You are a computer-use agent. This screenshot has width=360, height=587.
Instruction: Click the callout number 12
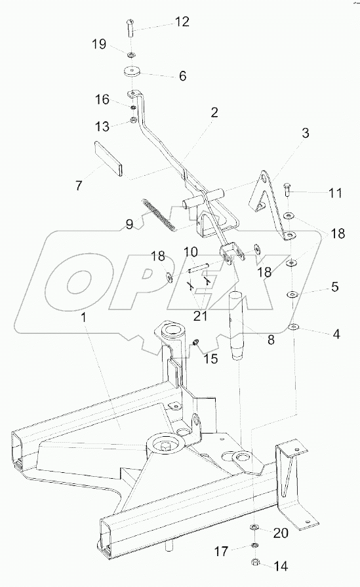182,22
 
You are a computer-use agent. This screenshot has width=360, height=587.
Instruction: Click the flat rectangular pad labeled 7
108,157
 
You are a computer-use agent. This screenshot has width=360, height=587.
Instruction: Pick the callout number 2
214,112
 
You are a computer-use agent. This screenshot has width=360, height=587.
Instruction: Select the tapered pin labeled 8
237,325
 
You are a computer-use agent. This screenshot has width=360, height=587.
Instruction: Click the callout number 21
200,316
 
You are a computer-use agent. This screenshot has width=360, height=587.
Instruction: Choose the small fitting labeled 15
195,342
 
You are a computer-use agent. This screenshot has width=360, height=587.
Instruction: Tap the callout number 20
281,533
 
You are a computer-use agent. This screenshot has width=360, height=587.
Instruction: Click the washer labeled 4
293,327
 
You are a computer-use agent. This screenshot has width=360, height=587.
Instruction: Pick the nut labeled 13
132,120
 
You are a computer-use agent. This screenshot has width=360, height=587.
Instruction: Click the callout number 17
221,552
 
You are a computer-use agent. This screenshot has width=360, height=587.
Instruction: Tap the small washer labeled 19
131,55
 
